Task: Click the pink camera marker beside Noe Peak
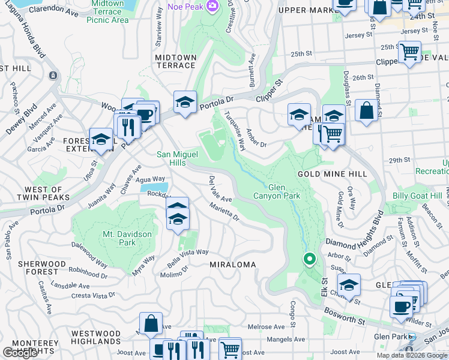(x=211, y=6)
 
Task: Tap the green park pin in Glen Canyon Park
(x=309, y=259)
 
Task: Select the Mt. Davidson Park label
(x=119, y=238)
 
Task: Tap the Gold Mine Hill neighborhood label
(x=332, y=173)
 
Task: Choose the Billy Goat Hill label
(x=417, y=196)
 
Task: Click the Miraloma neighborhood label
(x=232, y=264)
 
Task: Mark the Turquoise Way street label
(x=235, y=131)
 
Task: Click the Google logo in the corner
(x=20, y=352)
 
